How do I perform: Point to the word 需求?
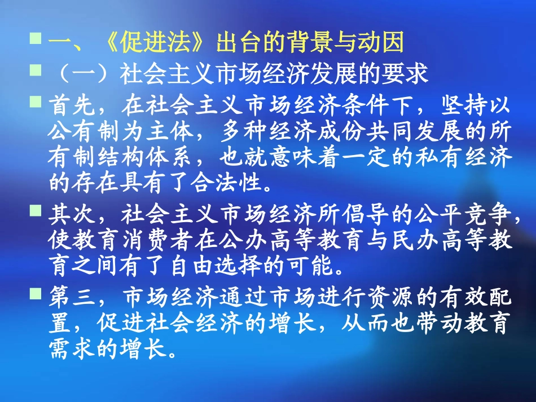tap(64, 350)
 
